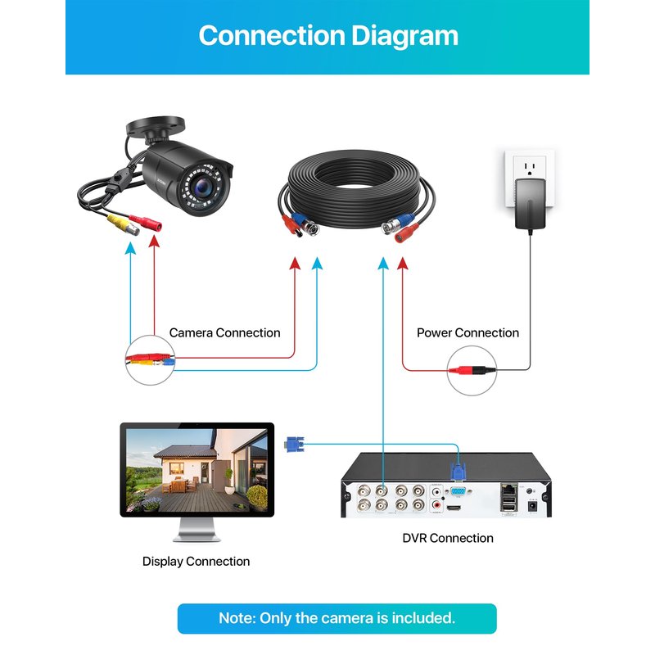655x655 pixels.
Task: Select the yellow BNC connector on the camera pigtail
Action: click(x=120, y=221)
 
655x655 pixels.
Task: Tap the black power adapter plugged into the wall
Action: click(x=532, y=205)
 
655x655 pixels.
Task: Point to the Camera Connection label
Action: click(x=224, y=332)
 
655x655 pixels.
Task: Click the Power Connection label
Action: click(x=468, y=332)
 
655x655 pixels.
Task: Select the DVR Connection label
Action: click(x=448, y=538)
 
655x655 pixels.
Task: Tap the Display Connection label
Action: click(x=196, y=561)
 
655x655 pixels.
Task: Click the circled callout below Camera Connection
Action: click(x=150, y=359)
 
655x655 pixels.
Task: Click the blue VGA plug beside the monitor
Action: click(x=292, y=445)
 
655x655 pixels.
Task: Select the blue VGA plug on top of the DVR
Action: click(x=457, y=472)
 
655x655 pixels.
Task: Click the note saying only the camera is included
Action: click(x=337, y=618)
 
